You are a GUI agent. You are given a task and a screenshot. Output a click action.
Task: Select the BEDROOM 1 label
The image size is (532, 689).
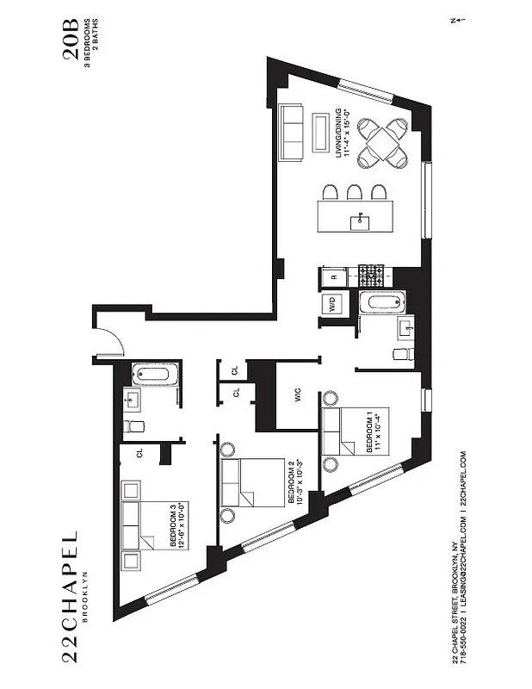[369, 431]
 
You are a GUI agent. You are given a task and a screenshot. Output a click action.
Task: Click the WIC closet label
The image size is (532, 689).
[296, 399]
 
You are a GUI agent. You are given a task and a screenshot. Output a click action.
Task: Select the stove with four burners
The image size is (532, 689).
[373, 276]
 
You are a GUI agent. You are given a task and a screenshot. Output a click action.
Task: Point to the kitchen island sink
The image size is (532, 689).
[359, 223]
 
